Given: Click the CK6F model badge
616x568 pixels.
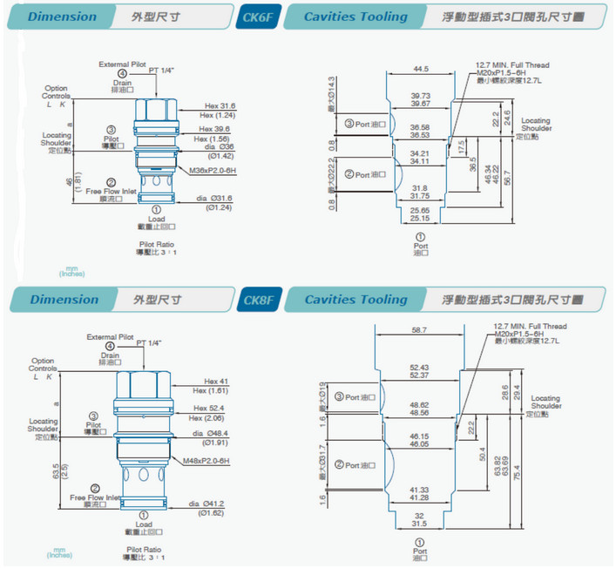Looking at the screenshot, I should coord(256,17).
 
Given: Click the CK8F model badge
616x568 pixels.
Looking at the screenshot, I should coord(256,300).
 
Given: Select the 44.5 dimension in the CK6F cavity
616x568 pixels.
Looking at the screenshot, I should coord(421,68).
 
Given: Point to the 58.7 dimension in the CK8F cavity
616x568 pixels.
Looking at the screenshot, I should coord(421,330).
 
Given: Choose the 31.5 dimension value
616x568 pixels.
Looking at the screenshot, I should coord(420,524).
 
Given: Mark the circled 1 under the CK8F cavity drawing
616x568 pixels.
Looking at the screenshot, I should coord(420,541).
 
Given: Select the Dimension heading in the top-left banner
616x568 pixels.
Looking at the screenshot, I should coord(62,17).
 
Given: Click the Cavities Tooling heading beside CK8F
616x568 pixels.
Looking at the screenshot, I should coord(355,300).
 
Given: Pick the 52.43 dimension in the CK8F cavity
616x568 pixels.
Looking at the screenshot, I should coord(420,366).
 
